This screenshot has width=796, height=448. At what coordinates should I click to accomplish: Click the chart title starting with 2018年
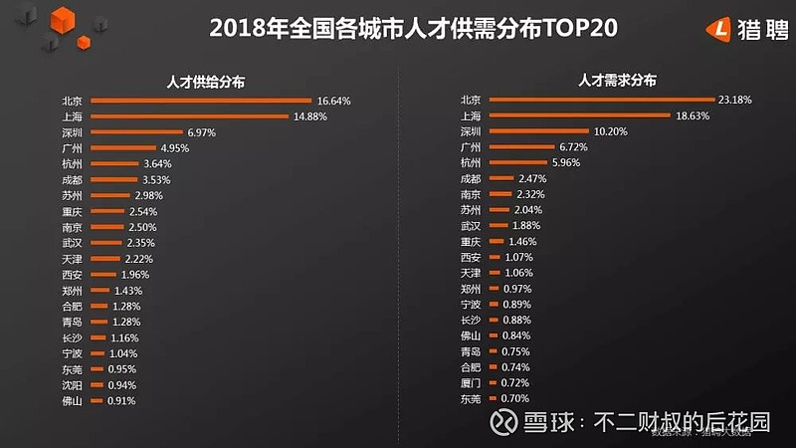point(413,28)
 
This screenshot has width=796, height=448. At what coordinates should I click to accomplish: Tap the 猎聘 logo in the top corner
point(742,29)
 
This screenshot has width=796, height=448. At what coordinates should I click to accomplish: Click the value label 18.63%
point(695,116)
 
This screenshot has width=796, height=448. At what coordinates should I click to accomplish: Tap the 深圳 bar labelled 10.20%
point(538,131)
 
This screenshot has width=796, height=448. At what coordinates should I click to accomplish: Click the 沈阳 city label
point(72,384)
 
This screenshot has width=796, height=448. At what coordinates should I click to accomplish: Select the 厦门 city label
point(471,383)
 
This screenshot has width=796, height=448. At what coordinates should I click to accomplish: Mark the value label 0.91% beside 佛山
point(120,400)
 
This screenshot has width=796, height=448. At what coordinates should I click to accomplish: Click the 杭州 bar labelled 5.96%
point(517,163)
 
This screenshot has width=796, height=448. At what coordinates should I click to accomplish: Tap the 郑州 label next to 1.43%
point(72,290)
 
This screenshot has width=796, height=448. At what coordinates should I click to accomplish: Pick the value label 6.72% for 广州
point(573,147)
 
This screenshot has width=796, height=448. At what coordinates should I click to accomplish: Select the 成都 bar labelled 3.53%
point(113,179)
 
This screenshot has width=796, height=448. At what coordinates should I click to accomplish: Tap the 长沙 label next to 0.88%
point(471,321)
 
